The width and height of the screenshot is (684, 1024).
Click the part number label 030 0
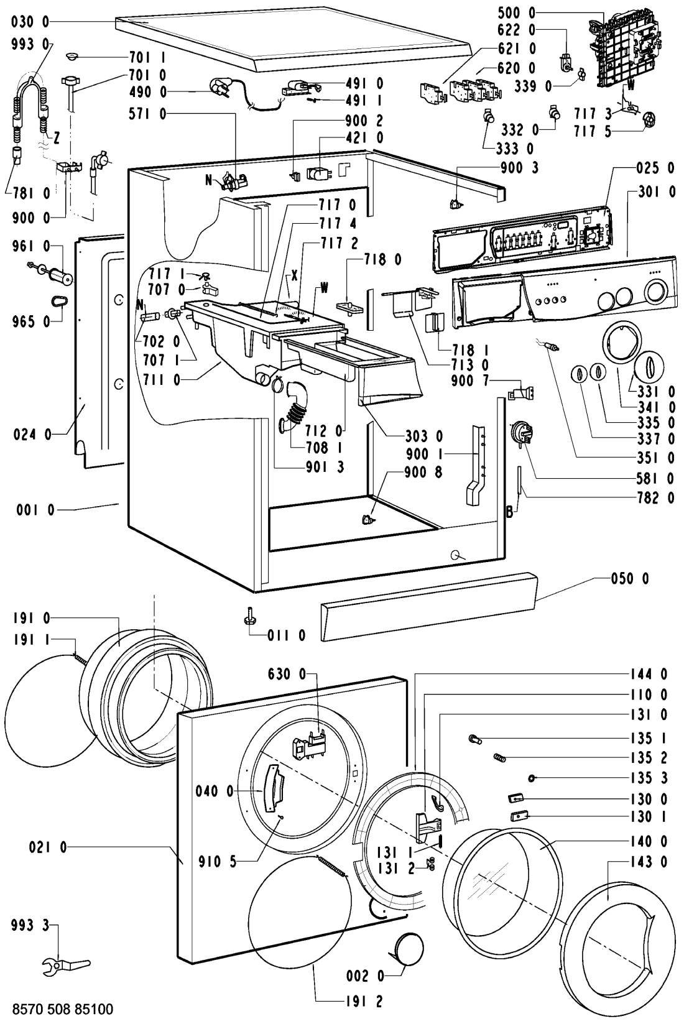point(30,22)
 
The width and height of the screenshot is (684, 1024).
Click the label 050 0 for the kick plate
point(630,579)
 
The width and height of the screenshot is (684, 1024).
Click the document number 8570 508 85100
point(63,1008)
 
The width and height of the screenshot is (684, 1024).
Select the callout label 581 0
point(655,479)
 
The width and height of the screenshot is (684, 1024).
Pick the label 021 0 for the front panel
point(47,848)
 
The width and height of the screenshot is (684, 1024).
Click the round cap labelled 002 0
point(408,946)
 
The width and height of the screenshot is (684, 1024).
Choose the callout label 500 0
point(516,13)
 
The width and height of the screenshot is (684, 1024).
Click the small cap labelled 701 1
point(72,56)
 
